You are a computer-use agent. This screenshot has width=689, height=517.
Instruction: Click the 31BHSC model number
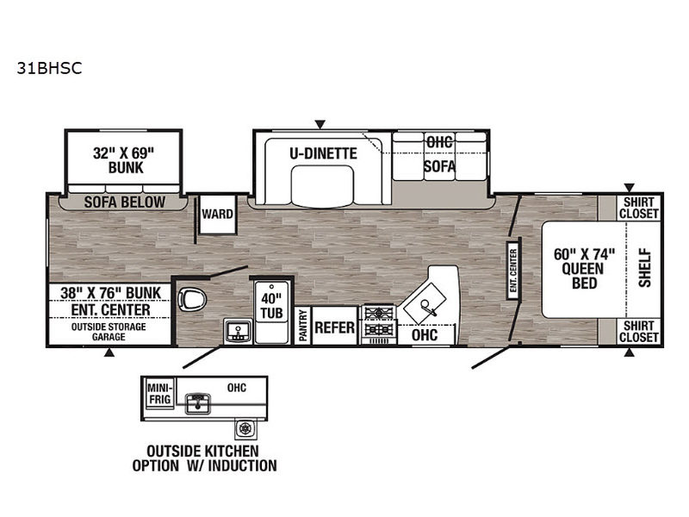point(49,68)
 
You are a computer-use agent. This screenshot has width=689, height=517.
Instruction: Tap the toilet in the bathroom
point(192,300)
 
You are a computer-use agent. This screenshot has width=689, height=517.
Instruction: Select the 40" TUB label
point(271,306)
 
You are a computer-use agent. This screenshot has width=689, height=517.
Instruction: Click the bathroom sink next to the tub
point(238,332)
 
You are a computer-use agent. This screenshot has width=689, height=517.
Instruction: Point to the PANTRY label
point(303,325)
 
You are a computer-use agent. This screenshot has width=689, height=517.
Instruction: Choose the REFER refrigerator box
point(334,326)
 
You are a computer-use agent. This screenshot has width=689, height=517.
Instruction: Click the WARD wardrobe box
point(218,215)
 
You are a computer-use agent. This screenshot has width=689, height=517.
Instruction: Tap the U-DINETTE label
point(323,153)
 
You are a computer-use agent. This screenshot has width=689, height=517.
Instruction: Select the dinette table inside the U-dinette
point(322,185)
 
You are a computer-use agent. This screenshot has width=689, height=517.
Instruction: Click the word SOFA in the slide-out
point(439,166)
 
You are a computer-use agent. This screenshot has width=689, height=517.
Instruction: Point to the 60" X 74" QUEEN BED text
point(584,268)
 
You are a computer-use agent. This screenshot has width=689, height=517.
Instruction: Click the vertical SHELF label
point(644,268)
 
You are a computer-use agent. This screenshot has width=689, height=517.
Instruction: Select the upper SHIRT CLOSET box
point(639,208)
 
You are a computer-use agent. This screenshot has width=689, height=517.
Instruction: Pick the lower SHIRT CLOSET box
point(639,332)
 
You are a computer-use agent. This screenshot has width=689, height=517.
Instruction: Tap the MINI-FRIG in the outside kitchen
point(159,394)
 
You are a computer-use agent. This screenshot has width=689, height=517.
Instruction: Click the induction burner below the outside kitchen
point(245,428)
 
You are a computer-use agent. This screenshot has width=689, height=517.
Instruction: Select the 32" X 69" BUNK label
point(124,160)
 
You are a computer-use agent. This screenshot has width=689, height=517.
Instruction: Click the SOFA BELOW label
point(125,202)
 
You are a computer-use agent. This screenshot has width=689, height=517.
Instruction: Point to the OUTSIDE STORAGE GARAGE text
point(109,332)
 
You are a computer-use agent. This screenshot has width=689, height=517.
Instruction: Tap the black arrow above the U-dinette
point(320,124)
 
